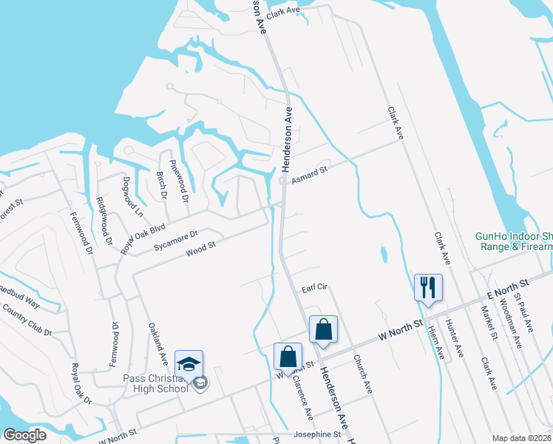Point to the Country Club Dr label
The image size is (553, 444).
pyautogui.click(x=27, y=319)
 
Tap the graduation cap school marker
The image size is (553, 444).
pyautogui.click(x=189, y=364)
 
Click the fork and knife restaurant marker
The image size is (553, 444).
pyautogui.click(x=428, y=286)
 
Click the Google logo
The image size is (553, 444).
pyautogui.click(x=24, y=434)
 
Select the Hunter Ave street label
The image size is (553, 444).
pyautogui.click(x=458, y=340)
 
